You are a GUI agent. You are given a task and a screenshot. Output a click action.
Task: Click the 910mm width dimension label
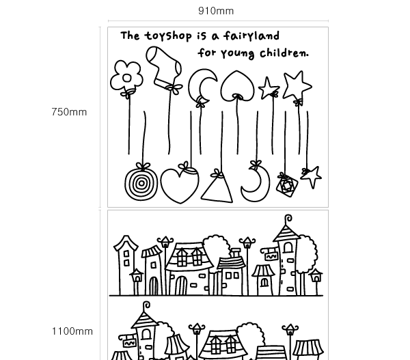[216, 11]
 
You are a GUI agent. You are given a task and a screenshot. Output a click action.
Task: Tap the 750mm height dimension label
[69, 112]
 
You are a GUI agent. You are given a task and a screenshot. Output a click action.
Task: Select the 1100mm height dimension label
[72, 331]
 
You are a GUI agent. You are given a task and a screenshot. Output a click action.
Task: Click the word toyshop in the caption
[168, 36]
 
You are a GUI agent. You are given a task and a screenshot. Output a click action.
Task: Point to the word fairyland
[251, 36]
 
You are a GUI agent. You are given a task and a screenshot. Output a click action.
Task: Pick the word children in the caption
[284, 53]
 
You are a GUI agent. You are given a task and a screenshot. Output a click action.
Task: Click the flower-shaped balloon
[127, 77]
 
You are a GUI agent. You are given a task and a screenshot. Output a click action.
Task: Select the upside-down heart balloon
[237, 86]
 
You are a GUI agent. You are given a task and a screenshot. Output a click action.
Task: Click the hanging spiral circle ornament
[141, 183]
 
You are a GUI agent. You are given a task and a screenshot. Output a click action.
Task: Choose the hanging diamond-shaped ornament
[287, 185]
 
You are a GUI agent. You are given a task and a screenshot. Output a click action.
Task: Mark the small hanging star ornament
[312, 176]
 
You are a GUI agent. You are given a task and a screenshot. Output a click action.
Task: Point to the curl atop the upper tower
[288, 219]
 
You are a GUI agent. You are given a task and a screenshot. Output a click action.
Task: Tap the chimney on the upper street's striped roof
[235, 253]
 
